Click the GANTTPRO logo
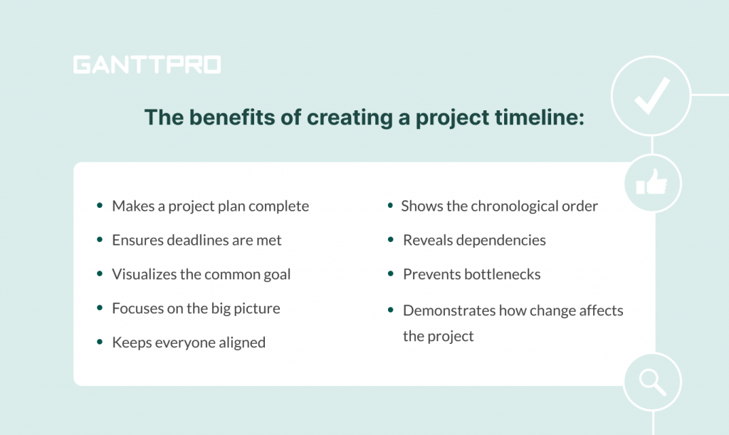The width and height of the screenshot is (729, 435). coord(147,65)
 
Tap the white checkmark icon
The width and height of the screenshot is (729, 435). coord(652,95)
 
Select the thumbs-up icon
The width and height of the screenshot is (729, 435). coord(652,182)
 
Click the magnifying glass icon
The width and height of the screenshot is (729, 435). coord(653,382)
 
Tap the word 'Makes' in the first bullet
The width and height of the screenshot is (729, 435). coord(133,206)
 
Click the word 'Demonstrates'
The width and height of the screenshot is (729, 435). coord(449,310)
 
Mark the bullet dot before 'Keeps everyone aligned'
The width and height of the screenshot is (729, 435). coord(100,342)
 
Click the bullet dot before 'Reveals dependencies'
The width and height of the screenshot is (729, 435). coord(391,240)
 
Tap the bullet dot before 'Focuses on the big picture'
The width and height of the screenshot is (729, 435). coord(100,308)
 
